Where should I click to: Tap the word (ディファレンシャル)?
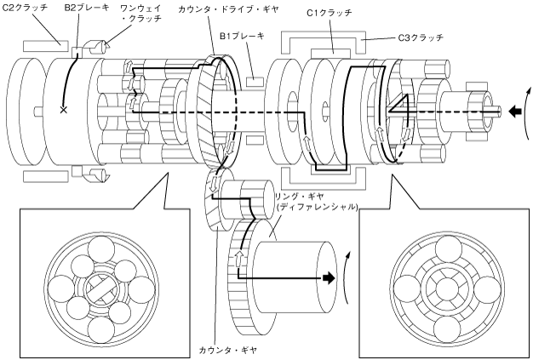tap(312, 207)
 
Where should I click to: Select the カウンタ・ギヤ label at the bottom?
tap(233, 350)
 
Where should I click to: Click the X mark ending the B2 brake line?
tap(63, 110)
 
